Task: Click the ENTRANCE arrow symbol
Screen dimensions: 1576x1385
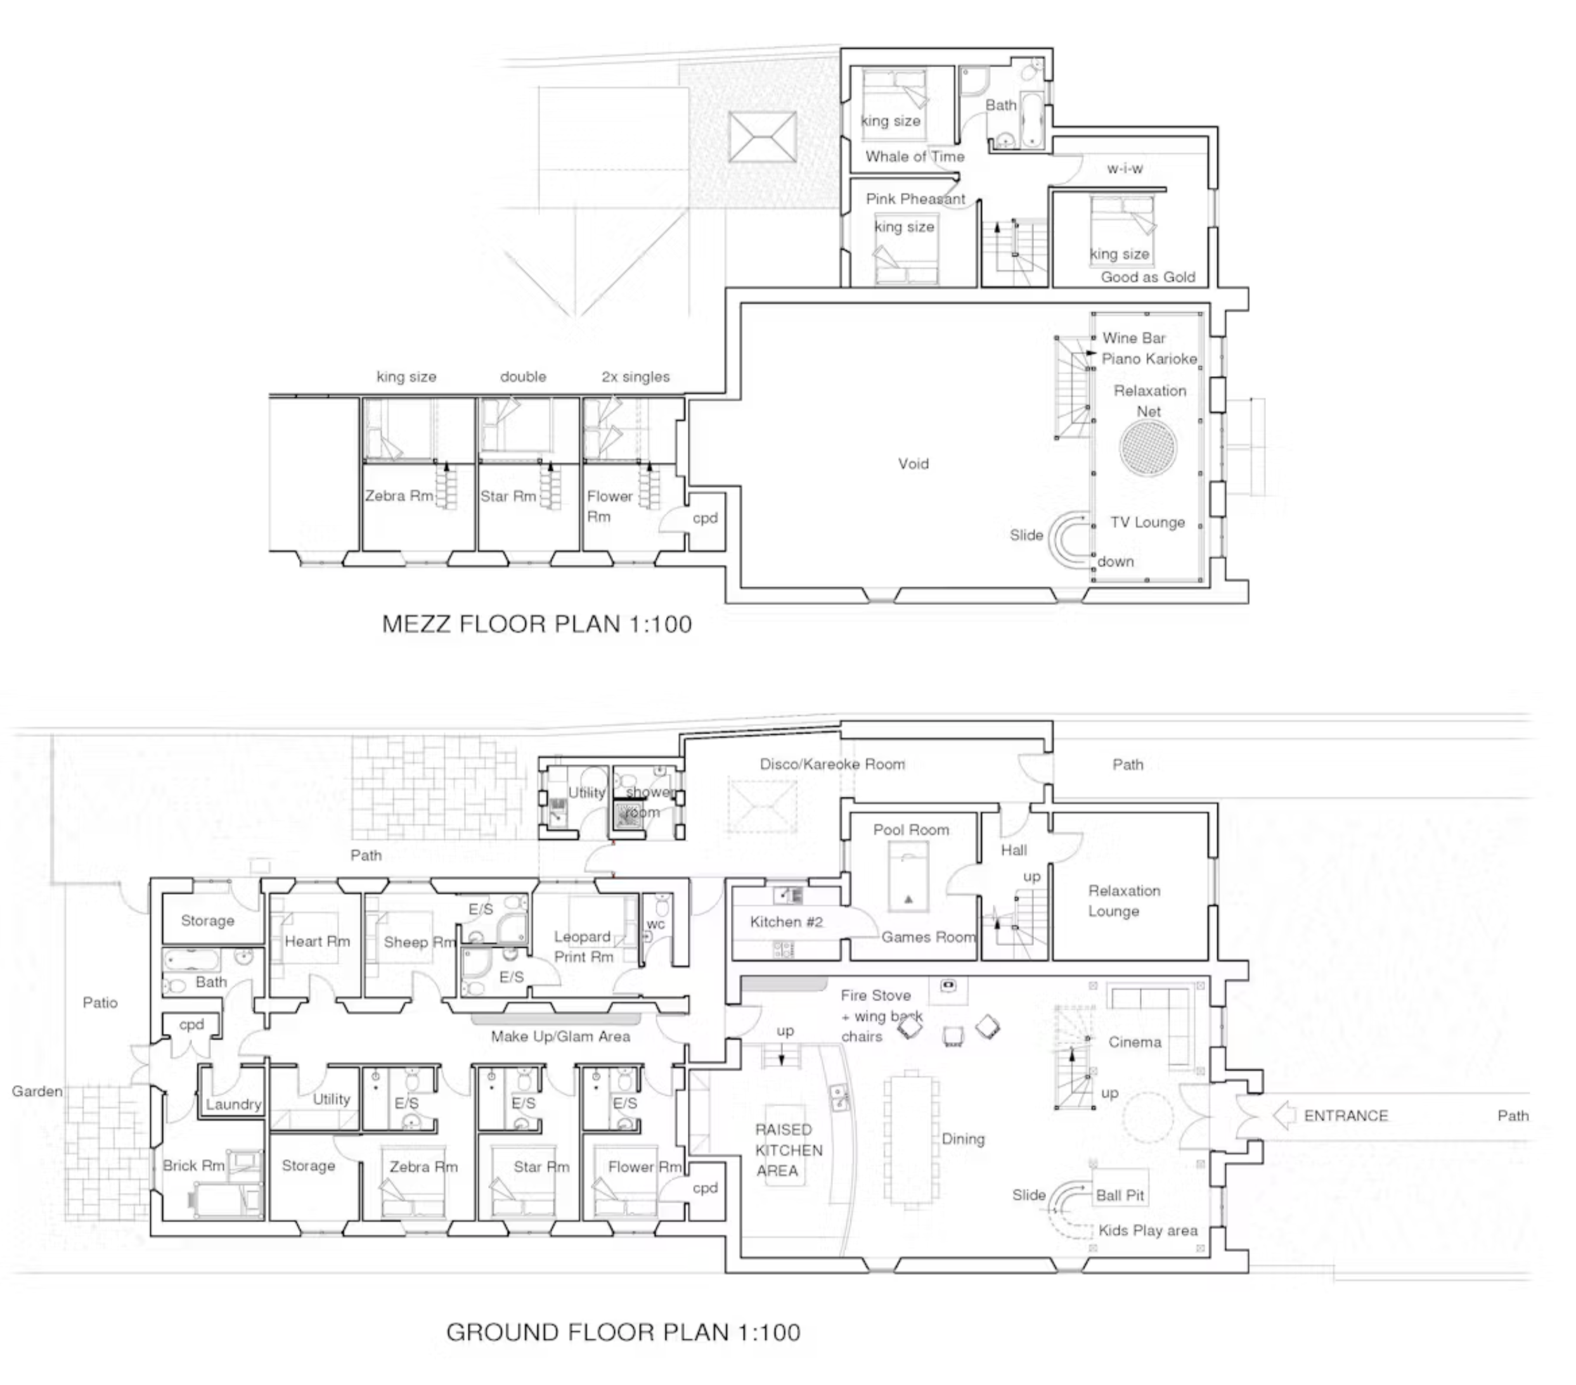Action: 1284,1115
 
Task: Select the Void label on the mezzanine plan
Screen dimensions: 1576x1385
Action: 914,464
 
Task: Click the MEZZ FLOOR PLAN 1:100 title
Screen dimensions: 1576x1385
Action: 537,623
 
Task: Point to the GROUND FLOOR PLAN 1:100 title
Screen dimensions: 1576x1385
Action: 623,1332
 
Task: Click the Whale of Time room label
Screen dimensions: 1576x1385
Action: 914,156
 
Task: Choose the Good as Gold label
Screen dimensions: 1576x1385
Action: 1148,277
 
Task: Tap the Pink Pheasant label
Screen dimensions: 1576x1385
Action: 915,199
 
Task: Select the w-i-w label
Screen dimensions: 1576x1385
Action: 1124,169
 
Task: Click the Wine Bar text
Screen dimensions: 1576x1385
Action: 1134,338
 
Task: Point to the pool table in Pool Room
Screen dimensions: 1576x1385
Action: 908,877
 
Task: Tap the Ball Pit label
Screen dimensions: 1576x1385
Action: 1120,1196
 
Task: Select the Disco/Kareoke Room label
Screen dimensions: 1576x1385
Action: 832,764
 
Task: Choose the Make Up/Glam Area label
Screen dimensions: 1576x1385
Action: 560,1037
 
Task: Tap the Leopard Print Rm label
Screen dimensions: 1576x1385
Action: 583,947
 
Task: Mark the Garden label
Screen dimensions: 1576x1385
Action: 36,1092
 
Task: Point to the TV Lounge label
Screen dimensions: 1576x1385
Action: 1147,523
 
